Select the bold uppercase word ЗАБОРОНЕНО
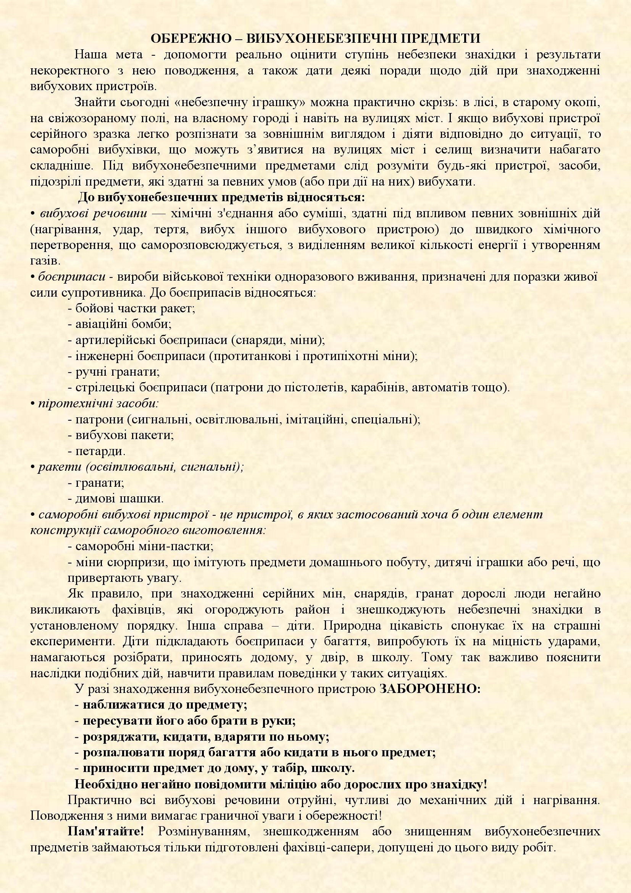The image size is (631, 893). [x=429, y=689]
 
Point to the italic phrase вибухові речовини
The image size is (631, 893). [x=93, y=213]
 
